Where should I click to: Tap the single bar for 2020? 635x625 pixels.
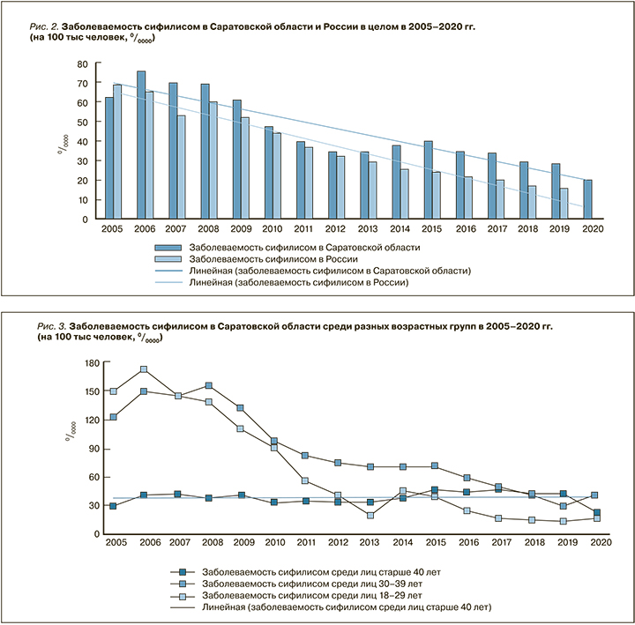pyautogui.click(x=588, y=199)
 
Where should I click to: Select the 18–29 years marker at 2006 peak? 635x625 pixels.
pyautogui.click(x=144, y=369)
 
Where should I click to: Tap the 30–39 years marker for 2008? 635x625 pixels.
pyautogui.click(x=208, y=385)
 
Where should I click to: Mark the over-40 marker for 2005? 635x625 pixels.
pyautogui.click(x=112, y=506)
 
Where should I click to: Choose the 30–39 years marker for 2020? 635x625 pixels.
pyautogui.click(x=596, y=495)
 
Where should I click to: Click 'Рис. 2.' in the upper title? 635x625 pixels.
pyautogui.click(x=43, y=28)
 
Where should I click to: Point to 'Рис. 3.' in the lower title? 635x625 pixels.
pyautogui.click(x=44, y=327)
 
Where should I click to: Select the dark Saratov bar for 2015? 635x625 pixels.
pyautogui.click(x=428, y=180)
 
